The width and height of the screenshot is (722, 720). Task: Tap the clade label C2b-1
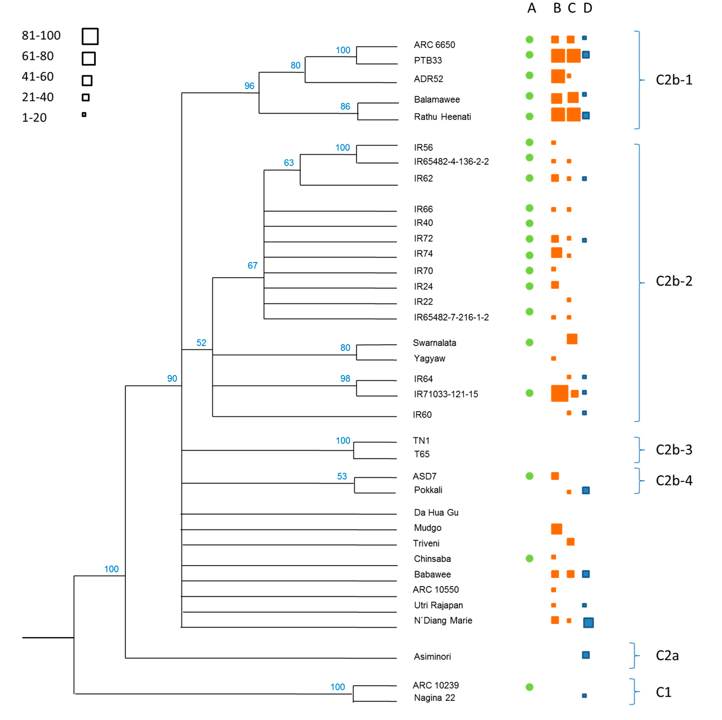coord(674,80)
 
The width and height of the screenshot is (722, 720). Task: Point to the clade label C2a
coord(667,655)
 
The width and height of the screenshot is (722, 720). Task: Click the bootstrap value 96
coord(249,86)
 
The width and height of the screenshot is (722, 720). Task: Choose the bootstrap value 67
coord(253,266)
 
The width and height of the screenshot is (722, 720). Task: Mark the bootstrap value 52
coord(201,343)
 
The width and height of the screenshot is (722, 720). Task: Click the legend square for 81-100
coord(90,36)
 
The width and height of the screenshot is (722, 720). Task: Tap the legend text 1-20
coord(34,118)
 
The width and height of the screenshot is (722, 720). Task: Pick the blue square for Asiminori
coord(586,655)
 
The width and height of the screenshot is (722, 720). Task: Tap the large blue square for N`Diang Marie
coord(588,623)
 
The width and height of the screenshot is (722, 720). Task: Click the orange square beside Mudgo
coord(557,529)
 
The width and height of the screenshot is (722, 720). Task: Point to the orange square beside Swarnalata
coord(572,339)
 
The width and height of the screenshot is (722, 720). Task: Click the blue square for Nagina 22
coord(585,696)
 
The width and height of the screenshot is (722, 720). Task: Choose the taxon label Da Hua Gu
coord(436,513)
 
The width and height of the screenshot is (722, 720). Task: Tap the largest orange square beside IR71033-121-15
coord(559,393)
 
